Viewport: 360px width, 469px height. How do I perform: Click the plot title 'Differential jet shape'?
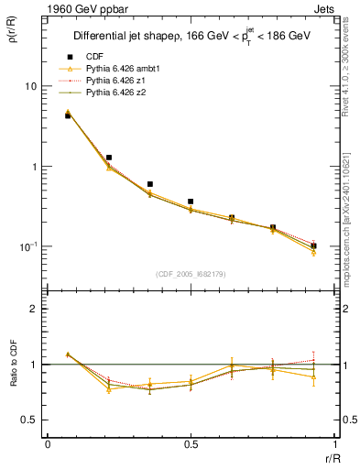point(128,37)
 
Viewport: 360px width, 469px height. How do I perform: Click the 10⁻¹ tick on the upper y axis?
point(27,246)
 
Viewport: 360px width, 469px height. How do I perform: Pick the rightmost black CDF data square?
point(313,245)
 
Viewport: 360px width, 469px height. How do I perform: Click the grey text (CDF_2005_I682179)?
point(191,274)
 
